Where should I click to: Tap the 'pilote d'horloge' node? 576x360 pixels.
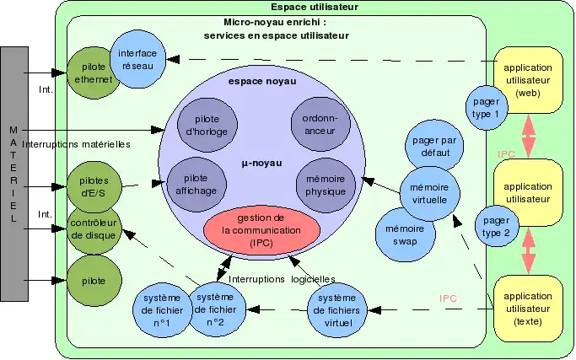[201, 125]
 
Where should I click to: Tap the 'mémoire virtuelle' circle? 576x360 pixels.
[430, 191]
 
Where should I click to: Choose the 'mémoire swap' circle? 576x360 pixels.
[405, 234]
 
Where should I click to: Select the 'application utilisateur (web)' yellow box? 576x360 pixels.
[529, 79]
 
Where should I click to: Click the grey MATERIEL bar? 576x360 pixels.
[14, 174]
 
